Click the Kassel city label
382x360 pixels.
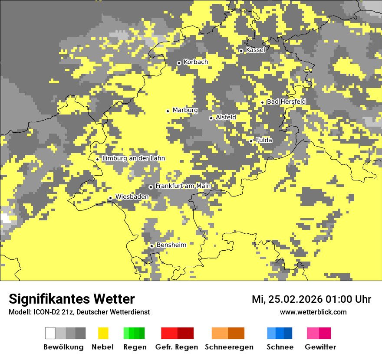point(255,50)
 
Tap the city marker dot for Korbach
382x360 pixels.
point(179,63)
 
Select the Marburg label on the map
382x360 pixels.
point(185,110)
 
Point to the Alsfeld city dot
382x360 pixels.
point(211,118)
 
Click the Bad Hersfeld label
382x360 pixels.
point(286,101)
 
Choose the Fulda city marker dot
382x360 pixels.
point(251,141)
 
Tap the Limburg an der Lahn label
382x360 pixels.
point(133,158)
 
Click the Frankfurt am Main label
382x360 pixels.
point(183,186)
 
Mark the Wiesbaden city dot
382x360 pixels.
point(110,198)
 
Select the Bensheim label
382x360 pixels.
point(171,245)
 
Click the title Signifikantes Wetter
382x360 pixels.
point(72,299)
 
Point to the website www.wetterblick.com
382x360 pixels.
point(313,312)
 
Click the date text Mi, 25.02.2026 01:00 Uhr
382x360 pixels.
point(311,299)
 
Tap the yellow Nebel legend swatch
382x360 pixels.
point(103,333)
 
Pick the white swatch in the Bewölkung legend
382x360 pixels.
point(50,333)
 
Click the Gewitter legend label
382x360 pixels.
point(320,347)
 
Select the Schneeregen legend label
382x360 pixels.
point(229,347)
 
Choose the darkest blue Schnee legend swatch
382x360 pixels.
point(288,333)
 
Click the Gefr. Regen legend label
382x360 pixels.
point(177,347)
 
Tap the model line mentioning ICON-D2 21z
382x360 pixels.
point(79,312)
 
